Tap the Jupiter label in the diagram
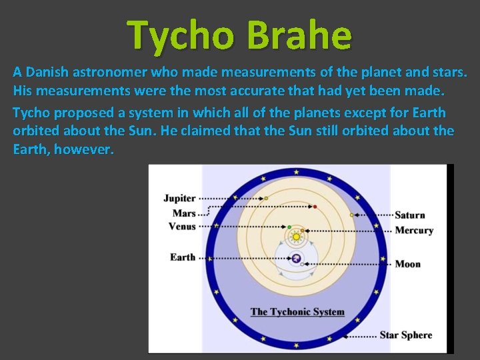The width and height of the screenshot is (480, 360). click(x=179, y=198)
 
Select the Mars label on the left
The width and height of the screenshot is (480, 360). click(x=184, y=213)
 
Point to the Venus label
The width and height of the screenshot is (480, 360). click(x=182, y=227)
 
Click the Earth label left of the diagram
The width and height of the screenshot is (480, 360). click(x=183, y=257)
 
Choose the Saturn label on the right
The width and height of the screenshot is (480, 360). click(x=409, y=215)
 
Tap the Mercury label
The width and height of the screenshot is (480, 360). click(x=414, y=230)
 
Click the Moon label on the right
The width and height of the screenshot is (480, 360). click(x=407, y=264)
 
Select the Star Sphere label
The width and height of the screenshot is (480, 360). click(x=405, y=335)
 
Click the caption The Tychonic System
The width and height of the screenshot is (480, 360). click(x=297, y=311)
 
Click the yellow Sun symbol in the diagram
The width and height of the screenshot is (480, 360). click(x=296, y=236)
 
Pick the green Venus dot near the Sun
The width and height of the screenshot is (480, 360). click(x=289, y=227)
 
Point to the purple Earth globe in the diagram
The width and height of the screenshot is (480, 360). click(x=296, y=259)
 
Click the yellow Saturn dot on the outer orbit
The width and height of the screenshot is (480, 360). click(x=351, y=215)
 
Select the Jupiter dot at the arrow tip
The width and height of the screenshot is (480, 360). click(x=266, y=198)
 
